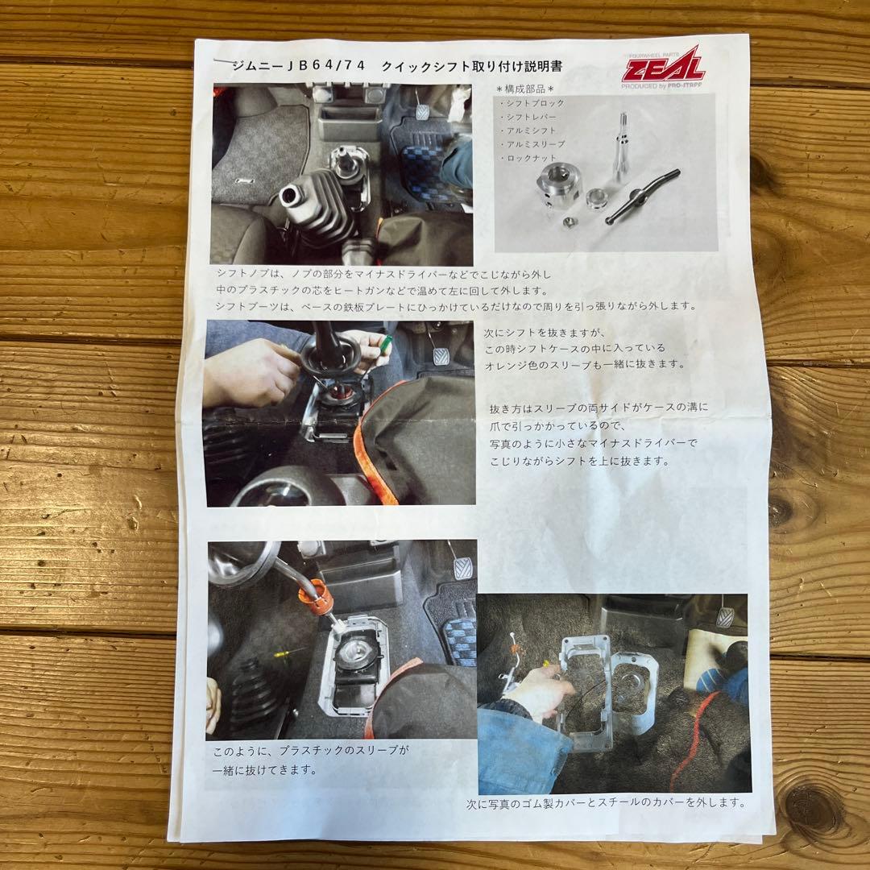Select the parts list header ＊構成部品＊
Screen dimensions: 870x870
tap(531, 89)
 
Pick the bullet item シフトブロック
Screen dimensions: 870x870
tap(534, 103)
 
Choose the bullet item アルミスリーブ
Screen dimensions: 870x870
tap(534, 144)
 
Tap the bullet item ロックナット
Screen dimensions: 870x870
tap(530, 158)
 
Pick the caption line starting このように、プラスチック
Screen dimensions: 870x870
tap(311, 751)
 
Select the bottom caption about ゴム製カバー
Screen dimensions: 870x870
tap(606, 802)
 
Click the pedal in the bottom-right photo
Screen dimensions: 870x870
tap(724, 616)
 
